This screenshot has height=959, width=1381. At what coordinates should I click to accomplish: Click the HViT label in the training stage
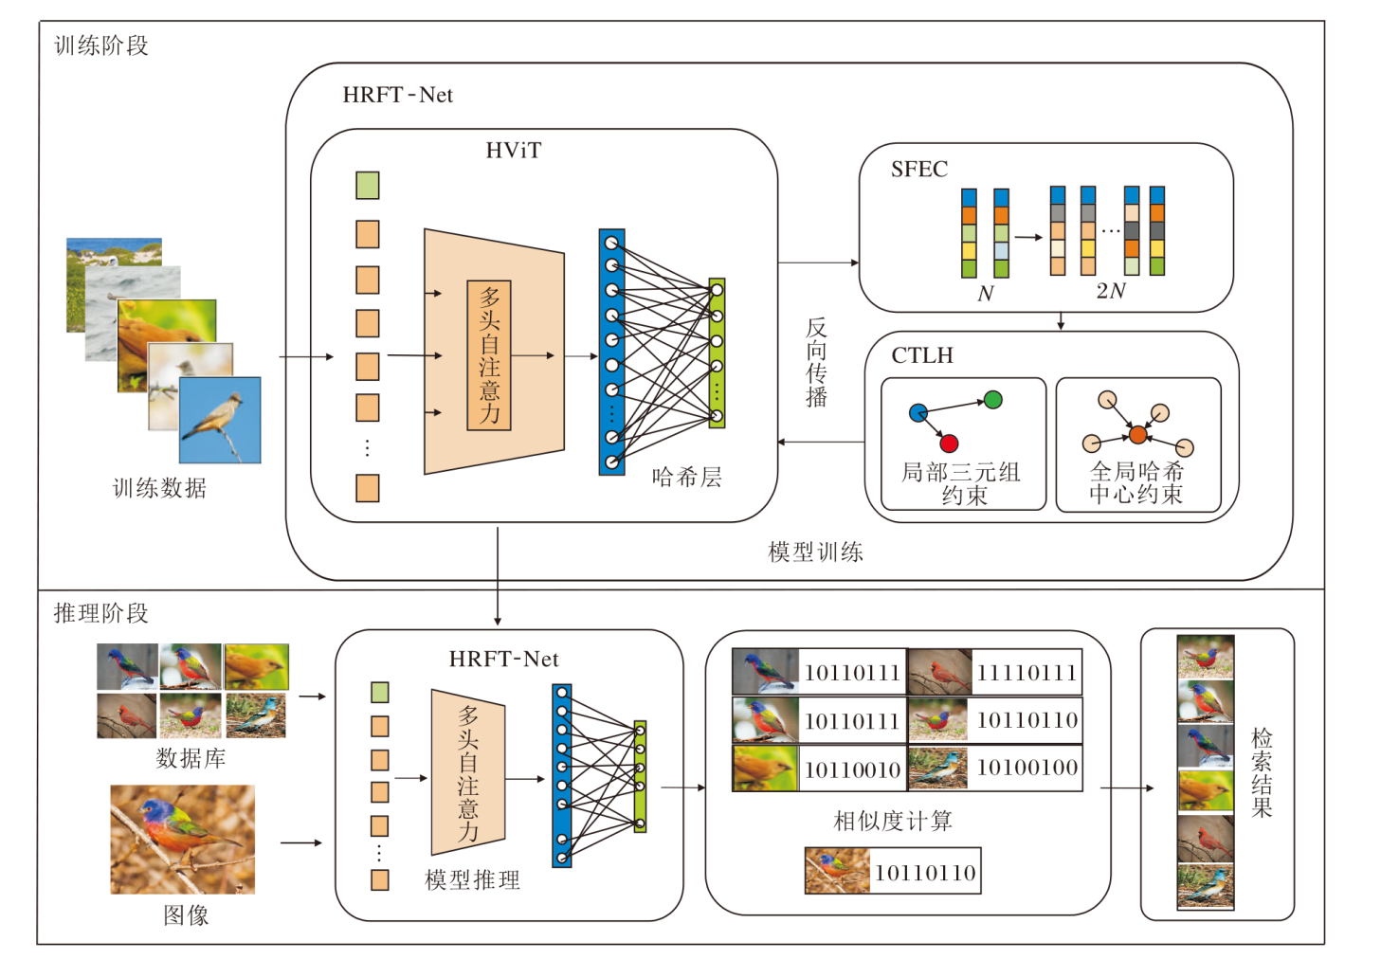[x=513, y=151]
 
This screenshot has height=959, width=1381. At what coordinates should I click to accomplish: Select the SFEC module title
[x=918, y=170]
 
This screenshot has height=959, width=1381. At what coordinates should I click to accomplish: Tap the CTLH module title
[x=921, y=355]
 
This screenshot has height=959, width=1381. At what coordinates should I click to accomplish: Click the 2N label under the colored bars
[x=1110, y=291]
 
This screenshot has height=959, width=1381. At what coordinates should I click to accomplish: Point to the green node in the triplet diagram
[x=992, y=400]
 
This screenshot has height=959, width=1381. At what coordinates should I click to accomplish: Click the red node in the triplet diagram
[x=949, y=443]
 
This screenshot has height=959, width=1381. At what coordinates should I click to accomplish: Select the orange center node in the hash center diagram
[x=1137, y=435]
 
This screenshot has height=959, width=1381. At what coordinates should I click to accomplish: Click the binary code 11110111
[x=1027, y=673]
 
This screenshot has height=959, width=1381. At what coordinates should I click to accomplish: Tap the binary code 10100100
[x=1027, y=768]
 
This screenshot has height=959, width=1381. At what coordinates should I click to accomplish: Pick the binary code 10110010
[x=852, y=770]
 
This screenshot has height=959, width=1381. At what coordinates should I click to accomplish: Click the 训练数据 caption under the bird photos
[x=159, y=488]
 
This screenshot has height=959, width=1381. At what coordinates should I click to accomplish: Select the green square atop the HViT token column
[x=368, y=185]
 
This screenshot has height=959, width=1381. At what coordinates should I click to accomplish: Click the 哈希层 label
[x=686, y=477]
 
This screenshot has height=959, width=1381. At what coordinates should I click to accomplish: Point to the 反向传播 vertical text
[x=816, y=363]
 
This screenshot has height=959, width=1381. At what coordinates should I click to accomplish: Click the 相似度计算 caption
[x=892, y=821]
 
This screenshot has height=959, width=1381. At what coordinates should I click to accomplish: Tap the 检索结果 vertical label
[x=1262, y=772]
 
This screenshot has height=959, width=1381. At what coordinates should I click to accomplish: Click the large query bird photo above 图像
[x=182, y=840]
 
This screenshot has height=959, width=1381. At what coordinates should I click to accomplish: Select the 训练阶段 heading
[x=101, y=45]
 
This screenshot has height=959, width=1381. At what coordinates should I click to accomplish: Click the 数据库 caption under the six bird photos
[x=191, y=758]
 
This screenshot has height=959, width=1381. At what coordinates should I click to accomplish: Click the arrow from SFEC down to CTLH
[x=1061, y=321]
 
